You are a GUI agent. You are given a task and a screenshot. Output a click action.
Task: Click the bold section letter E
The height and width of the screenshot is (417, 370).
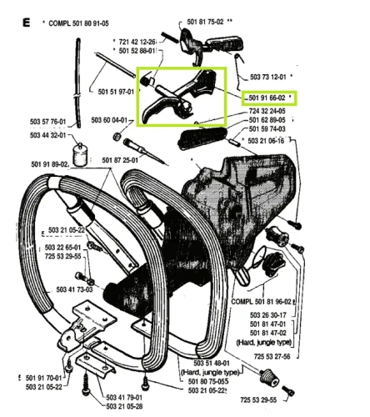(x=26, y=23)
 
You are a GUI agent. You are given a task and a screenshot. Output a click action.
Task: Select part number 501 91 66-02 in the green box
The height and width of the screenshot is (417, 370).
(x=267, y=98)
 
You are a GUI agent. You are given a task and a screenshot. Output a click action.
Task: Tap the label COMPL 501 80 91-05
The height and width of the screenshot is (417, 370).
(x=78, y=23)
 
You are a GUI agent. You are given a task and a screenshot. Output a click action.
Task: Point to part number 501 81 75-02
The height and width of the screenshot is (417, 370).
(x=205, y=22)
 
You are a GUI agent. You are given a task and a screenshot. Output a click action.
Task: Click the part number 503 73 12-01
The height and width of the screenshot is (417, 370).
(x=268, y=77)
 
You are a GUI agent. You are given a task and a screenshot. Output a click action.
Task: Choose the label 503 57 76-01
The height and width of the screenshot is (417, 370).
(x=48, y=122)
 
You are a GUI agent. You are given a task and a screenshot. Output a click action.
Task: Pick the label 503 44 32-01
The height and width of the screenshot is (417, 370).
(x=48, y=135)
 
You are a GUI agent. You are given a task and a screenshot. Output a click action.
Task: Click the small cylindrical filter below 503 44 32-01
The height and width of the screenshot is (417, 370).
(x=80, y=155)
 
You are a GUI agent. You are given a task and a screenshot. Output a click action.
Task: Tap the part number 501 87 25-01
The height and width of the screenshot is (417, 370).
(x=120, y=160)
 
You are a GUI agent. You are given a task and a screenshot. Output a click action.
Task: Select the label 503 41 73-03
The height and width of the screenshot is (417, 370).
(x=74, y=289)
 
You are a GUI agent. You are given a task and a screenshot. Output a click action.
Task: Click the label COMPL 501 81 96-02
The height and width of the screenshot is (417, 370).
(x=262, y=301)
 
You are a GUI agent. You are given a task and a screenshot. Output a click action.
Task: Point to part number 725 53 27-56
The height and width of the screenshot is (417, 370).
(x=272, y=356)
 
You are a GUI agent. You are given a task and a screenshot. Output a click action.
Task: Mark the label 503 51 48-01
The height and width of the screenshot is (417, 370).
(x=212, y=363)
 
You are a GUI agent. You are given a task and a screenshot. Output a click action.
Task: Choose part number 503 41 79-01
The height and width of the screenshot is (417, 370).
(x=124, y=398)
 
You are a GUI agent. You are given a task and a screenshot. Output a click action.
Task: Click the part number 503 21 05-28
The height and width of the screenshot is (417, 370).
(x=124, y=406)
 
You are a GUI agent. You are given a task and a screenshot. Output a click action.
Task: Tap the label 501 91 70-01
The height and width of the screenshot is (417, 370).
(x=43, y=378)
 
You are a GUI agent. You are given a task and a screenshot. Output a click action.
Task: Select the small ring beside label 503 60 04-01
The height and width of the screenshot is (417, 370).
(x=117, y=137)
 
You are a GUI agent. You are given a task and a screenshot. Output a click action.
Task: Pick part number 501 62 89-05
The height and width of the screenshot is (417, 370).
(x=267, y=120)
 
